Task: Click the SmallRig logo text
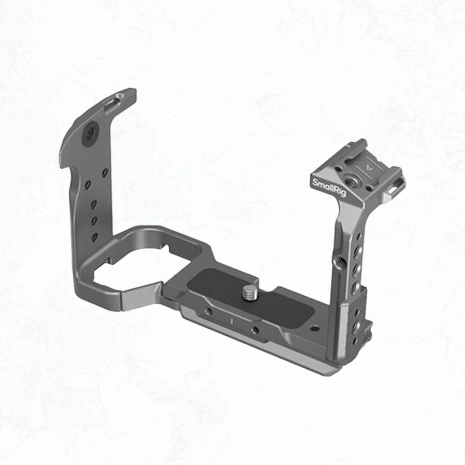[329, 187]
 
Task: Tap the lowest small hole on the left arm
[95, 237]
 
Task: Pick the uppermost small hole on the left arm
[104, 172]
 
